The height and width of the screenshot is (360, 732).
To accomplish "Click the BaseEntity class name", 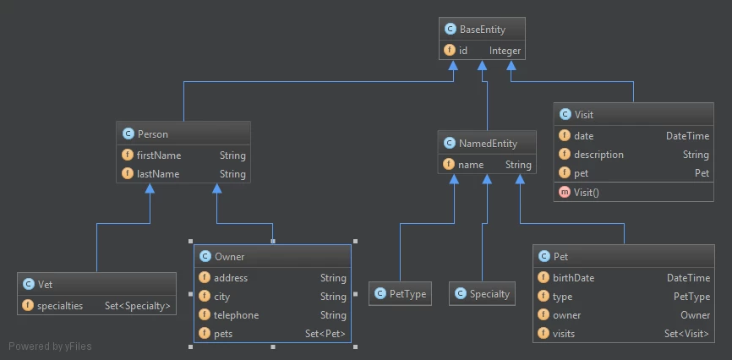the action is point(483,30).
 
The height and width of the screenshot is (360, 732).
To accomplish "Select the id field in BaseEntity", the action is point(462,51).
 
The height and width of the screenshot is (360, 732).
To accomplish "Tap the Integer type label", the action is point(505,51).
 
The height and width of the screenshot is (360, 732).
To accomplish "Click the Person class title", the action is point(153,134).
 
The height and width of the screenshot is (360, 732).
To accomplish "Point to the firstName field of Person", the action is point(159,155).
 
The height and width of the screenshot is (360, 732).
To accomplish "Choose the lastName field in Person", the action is point(158,174).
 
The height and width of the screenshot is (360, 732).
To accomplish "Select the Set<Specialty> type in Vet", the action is point(138,306).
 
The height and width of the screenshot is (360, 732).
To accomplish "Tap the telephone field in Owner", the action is point(236,315).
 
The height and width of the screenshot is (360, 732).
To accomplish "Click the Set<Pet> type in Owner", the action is point(325,334).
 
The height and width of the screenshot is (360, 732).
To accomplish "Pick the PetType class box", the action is point(400,294).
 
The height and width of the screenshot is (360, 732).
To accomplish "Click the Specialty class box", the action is point(483,294).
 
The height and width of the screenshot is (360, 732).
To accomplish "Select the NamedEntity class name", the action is point(488,144).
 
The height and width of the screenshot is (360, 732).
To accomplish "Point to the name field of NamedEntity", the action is point(471,164).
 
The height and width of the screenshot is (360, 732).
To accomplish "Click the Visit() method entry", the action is point(587,192).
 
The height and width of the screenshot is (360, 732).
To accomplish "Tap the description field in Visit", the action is point(598,155).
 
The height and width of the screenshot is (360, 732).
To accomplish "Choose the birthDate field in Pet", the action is point(573,278).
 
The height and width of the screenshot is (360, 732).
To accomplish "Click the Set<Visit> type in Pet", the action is point(687,334).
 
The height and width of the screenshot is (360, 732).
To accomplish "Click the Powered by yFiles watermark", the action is point(50,346).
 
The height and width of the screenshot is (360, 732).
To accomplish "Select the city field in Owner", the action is point(221,297).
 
